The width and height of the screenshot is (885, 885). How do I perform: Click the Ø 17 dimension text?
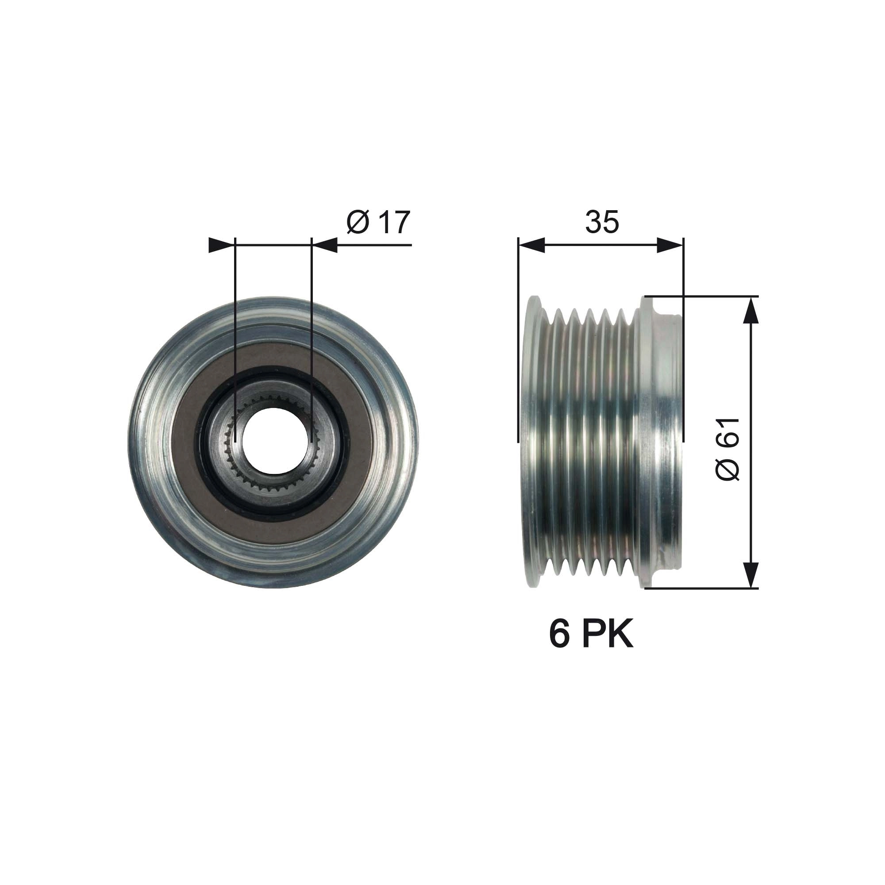(378, 222)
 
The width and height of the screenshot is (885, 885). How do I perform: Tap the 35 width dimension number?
(602, 222)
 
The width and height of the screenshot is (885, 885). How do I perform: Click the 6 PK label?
(591, 635)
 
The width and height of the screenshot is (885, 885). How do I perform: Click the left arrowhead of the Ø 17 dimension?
(219, 245)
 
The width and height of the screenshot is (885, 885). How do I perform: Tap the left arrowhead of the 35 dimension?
(531, 245)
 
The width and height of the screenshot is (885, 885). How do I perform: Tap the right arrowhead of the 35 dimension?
(670, 245)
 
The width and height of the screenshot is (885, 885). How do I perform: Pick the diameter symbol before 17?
(358, 223)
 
